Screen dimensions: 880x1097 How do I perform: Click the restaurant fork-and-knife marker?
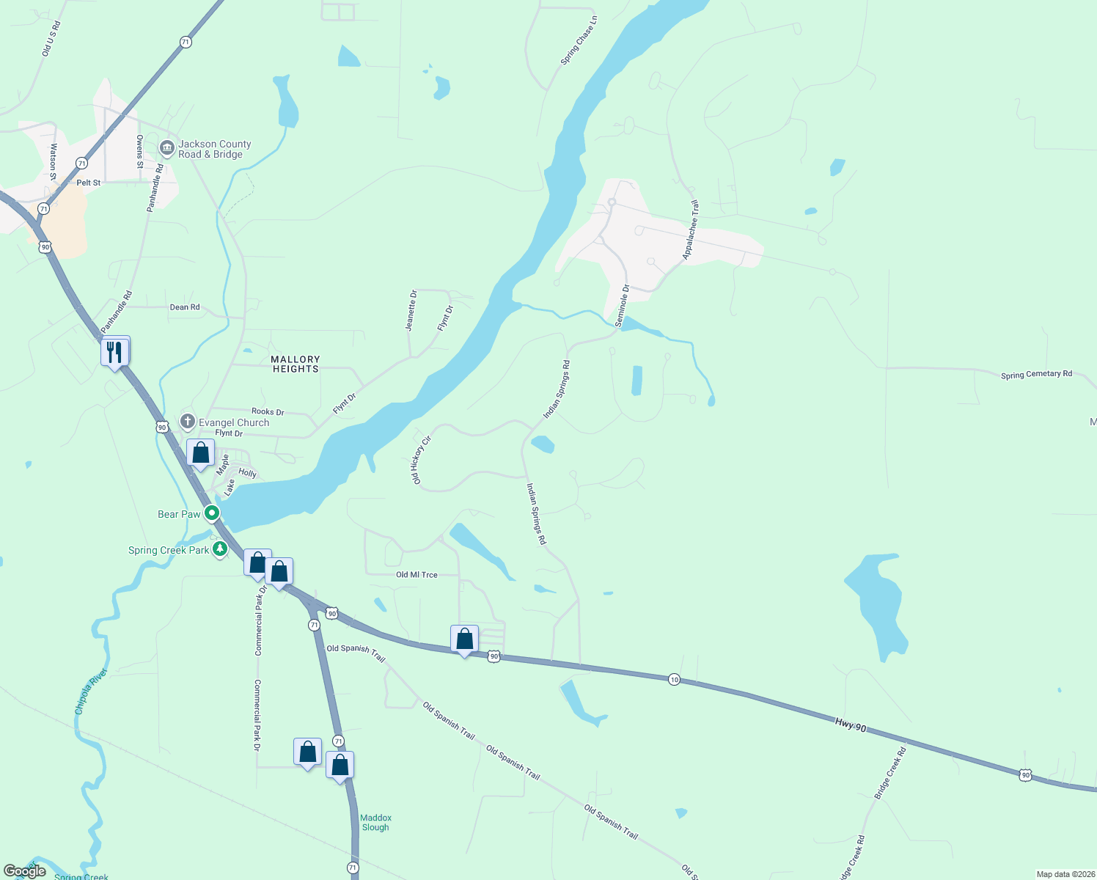[115, 352]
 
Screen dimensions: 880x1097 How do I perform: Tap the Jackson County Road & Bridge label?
[214, 149]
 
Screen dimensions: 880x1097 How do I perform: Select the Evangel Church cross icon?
[188, 422]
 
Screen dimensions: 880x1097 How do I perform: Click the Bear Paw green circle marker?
[212, 513]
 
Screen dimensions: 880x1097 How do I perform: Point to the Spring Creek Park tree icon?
[220, 549]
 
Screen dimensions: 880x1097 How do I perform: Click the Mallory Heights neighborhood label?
[296, 364]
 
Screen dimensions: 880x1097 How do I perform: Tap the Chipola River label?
[91, 691]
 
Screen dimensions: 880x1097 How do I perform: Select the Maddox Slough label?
[375, 822]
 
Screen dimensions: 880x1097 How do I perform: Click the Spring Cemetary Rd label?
[1036, 374]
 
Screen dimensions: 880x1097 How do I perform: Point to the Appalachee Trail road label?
[691, 230]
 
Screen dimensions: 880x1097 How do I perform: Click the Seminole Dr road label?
[622, 306]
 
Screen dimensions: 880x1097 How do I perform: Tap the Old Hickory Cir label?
[421, 460]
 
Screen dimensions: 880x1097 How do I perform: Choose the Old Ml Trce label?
[417, 575]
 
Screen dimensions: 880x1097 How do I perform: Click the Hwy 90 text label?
[850, 726]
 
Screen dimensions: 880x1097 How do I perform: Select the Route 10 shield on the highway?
[674, 680]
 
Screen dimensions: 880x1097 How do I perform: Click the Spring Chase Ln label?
[579, 40]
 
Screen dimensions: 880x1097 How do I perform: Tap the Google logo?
[25, 870]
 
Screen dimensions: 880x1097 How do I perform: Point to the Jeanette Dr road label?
[412, 310]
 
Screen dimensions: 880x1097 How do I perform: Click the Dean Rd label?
[185, 307]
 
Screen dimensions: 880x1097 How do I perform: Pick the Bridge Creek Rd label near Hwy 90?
[890, 772]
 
